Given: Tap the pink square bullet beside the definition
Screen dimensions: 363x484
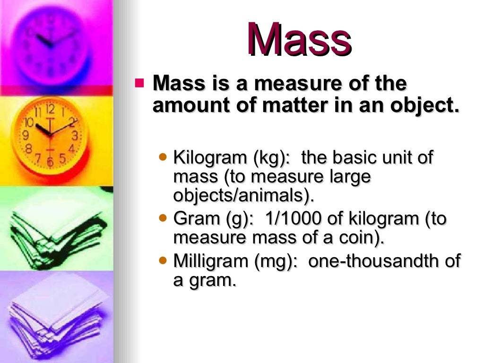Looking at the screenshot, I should click(x=139, y=84).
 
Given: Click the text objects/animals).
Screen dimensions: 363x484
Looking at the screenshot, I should click(x=244, y=196).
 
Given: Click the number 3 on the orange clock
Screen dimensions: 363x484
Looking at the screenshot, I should click(x=75, y=136).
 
